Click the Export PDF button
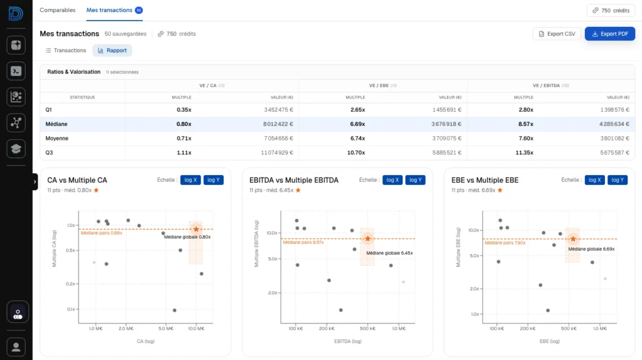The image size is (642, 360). tap(609, 34)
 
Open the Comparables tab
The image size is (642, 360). tap(57, 10)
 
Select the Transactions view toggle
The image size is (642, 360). tap(66, 50)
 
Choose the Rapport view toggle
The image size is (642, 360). tap(112, 50)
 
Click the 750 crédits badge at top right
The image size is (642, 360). tap(611, 11)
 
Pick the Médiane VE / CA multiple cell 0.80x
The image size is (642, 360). tap(184, 124)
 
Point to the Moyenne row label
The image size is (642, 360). tap(57, 139)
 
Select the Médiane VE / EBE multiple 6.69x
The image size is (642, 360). tap(358, 124)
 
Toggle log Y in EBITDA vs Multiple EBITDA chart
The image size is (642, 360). tap(415, 180)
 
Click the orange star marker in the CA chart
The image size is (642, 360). tap(196, 230)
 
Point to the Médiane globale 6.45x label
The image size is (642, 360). tap(389, 253)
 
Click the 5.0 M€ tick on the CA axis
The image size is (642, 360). tap(166, 328)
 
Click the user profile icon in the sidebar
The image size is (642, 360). tap(16, 346)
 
